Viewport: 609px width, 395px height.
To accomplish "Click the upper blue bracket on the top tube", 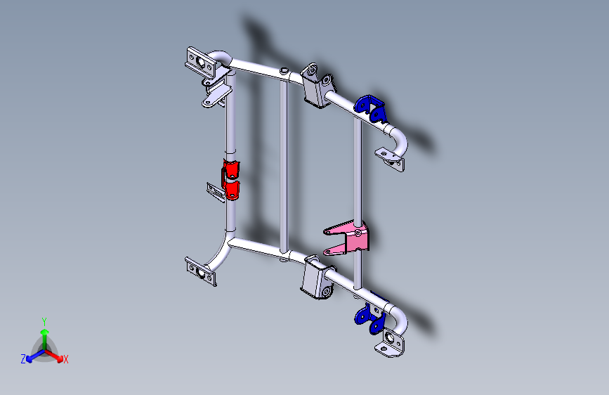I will coord(370,107).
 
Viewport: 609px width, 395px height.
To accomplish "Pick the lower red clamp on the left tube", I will coord(232,189).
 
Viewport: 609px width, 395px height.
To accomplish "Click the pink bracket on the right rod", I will coord(349,237).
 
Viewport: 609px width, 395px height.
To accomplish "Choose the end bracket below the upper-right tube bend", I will coord(391,160).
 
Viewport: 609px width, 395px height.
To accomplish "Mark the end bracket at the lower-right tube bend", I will coord(391,345).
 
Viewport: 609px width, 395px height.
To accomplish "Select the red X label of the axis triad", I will coord(66,360).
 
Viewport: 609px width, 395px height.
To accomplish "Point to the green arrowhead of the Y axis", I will coord(44,331).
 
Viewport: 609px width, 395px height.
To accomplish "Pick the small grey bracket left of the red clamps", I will coord(214,190).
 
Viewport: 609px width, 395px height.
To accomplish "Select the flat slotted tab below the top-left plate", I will coord(218,99).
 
